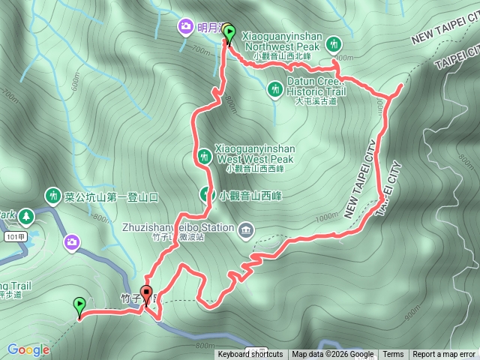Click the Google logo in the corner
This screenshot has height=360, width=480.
click(x=28, y=349)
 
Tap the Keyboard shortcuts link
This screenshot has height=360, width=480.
click(x=250, y=355)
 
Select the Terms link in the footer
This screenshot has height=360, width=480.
click(x=393, y=355)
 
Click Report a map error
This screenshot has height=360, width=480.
click(x=445, y=355)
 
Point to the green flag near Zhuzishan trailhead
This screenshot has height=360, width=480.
click(x=79, y=305)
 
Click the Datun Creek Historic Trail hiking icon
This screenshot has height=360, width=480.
click(x=276, y=89)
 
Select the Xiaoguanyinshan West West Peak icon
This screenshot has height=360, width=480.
click(x=203, y=156)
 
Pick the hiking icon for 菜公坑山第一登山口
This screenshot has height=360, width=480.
click(x=52, y=197)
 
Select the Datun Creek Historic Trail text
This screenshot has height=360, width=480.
click(x=317, y=87)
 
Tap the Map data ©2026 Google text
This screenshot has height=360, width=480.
click(x=333, y=355)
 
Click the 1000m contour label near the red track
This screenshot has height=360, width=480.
click(x=328, y=217)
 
